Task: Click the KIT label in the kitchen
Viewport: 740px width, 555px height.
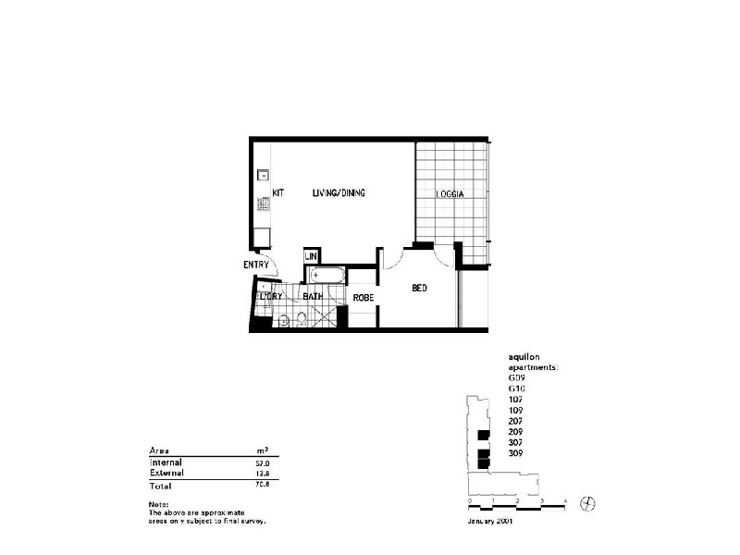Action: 277,193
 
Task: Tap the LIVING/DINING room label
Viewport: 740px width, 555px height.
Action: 339,193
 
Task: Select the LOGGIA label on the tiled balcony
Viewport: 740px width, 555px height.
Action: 450,194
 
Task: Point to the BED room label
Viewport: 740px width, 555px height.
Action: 419,289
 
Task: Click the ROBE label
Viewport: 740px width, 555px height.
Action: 363,298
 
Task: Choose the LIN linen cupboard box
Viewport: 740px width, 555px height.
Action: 312,256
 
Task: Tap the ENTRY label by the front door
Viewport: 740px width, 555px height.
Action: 256,265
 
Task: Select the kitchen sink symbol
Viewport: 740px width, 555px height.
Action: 263,174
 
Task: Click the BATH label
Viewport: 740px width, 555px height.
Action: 312,297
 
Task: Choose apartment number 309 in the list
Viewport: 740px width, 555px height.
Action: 515,452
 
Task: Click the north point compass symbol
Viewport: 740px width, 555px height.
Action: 586,502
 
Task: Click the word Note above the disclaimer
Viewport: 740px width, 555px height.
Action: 158,503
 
